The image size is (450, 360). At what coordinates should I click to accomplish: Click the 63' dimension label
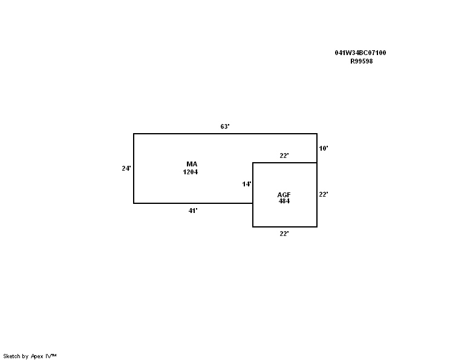pyautogui.click(x=225, y=126)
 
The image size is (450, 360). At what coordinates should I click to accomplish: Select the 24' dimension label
pyautogui.click(x=126, y=169)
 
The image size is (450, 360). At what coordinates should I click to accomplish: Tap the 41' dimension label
pyautogui.click(x=193, y=211)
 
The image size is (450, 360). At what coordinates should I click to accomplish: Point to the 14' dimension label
pyautogui.click(x=247, y=185)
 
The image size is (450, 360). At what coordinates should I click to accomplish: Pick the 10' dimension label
pyautogui.click(x=324, y=148)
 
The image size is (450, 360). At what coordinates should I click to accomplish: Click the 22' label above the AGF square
pyautogui.click(x=284, y=155)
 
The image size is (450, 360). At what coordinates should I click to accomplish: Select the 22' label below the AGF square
pyautogui.click(x=284, y=234)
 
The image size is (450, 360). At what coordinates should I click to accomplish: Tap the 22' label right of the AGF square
pyautogui.click(x=324, y=195)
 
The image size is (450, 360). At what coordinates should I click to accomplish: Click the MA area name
pyautogui.click(x=192, y=164)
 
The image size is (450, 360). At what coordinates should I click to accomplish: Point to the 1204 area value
pyautogui.click(x=191, y=172)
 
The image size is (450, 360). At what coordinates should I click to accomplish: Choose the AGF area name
pyautogui.click(x=284, y=195)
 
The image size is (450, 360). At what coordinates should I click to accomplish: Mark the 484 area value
pyautogui.click(x=284, y=201)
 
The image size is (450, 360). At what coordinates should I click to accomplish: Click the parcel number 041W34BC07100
pyautogui.click(x=360, y=53)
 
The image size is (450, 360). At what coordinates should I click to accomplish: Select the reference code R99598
pyautogui.click(x=362, y=62)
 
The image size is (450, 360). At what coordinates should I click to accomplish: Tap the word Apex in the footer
pyautogui.click(x=37, y=356)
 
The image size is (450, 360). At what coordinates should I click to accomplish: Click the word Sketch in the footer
pyautogui.click(x=11, y=356)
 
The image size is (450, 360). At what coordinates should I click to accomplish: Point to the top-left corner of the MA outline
pyautogui.click(x=134, y=134)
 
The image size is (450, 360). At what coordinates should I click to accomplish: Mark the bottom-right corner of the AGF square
pyautogui.click(x=317, y=227)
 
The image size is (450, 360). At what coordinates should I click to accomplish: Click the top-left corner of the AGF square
pyautogui.click(x=253, y=163)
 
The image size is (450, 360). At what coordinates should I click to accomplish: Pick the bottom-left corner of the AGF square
pyautogui.click(x=253, y=227)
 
